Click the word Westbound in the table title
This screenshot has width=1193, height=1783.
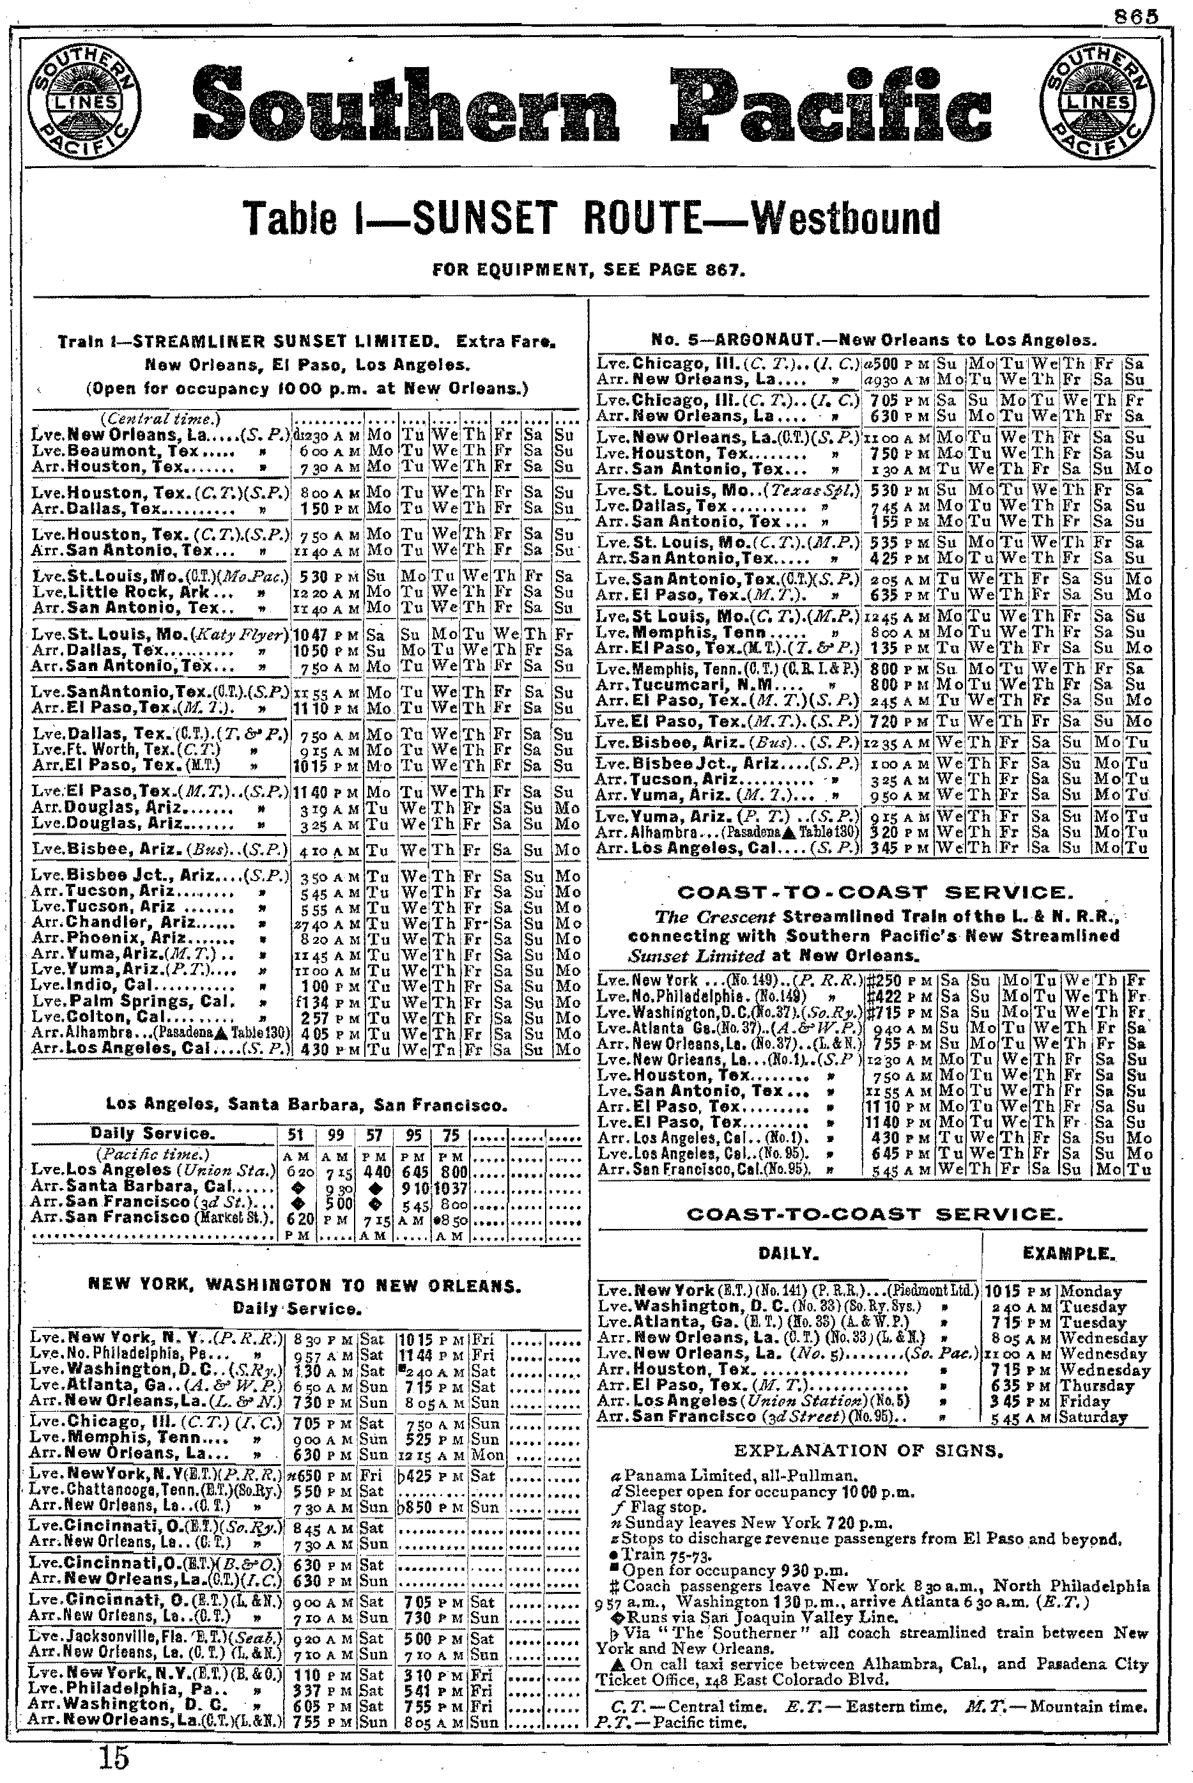tap(845, 219)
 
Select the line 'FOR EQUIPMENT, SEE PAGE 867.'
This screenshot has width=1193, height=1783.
tap(589, 270)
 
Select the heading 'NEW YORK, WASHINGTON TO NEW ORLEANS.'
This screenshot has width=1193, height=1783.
tap(304, 1286)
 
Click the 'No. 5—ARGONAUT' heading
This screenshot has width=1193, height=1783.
tap(874, 340)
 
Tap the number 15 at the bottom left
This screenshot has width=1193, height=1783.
tap(114, 1758)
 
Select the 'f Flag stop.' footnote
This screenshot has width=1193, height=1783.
tap(659, 1507)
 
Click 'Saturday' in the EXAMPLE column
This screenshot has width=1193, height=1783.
tap(1093, 1417)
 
